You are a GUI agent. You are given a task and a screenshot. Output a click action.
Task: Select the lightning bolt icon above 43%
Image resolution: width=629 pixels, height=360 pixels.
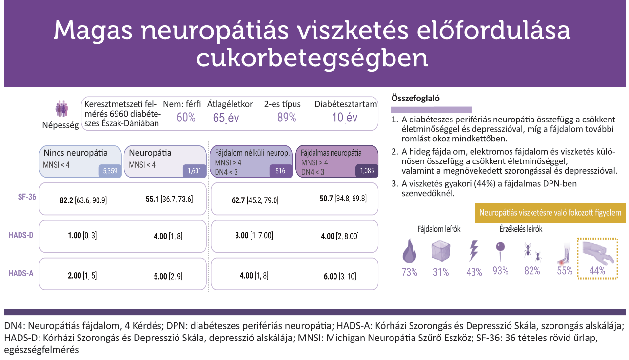[473, 251]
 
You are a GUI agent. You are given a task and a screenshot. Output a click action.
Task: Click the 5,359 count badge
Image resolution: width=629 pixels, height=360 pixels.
[110, 171]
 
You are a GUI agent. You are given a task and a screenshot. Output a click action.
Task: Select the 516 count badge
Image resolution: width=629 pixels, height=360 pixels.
[280, 171]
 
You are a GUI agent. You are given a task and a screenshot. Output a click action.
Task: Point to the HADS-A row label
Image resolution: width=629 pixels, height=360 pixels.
[20, 273]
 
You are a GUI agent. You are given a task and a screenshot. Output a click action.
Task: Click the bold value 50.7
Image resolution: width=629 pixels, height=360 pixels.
[324, 199]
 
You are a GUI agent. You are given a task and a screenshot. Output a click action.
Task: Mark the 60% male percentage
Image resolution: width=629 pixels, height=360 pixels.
[186, 118]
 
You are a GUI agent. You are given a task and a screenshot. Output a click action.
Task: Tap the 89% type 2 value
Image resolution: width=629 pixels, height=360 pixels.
[287, 118]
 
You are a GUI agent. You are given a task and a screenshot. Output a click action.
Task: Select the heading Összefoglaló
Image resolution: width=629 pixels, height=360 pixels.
[415, 98]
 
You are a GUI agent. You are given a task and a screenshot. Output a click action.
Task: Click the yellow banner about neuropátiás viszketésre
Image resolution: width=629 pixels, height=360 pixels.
[550, 213]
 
